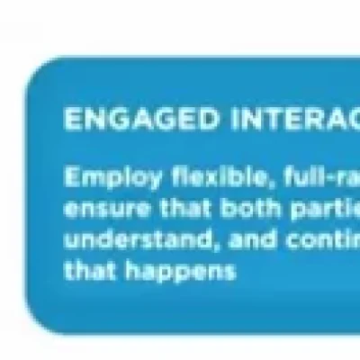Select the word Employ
coord(99,178)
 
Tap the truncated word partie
coord(306,210)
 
